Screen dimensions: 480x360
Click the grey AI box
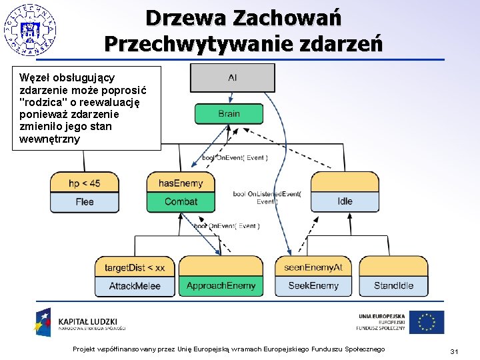[232, 78]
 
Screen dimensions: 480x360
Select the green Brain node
[229, 113]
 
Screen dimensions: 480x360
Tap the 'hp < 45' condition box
[85, 183]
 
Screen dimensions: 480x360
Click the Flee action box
[85, 201]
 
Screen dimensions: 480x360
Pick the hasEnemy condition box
[181, 183]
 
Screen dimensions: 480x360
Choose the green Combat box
[181, 201]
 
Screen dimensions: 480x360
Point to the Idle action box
[345, 201]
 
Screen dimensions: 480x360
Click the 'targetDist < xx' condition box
[135, 267]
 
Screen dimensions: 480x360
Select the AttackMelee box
[135, 285]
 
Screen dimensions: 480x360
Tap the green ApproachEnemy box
[221, 285]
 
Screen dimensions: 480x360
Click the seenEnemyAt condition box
[313, 267]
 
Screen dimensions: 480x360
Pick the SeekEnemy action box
[313, 285]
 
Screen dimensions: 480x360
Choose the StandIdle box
[393, 285]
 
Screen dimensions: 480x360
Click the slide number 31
[453, 351]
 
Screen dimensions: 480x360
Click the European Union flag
[427, 322]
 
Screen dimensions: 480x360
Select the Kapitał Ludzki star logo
[44, 321]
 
